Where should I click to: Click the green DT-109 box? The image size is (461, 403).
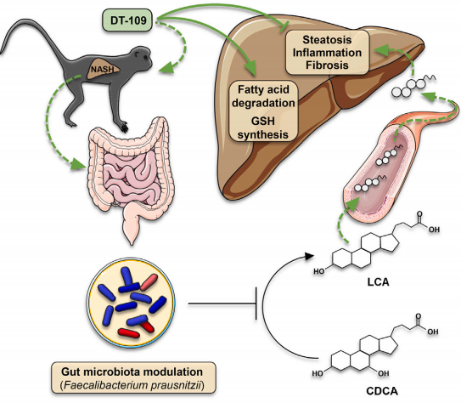[x=128, y=20]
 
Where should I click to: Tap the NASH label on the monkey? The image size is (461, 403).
[x=102, y=70]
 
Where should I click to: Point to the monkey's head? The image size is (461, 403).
[x=142, y=56]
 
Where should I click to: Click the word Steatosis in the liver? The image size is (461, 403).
[x=327, y=40]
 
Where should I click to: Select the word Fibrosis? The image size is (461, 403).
[x=327, y=65]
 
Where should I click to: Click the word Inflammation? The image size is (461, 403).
[x=327, y=53]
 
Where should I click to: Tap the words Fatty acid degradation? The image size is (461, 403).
[x=263, y=96]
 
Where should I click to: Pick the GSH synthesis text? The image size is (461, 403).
[x=263, y=128]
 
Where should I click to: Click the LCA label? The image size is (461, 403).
[x=378, y=282]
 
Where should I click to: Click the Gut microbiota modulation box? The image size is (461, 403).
[x=133, y=377]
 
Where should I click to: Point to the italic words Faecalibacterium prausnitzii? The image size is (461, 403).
[x=132, y=385]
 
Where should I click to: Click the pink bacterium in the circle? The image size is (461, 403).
[x=149, y=282]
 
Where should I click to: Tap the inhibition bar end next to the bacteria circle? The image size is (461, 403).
[x=256, y=304]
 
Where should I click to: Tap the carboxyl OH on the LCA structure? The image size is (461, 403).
[x=434, y=230]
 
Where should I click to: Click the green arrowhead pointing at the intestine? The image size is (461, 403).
[x=80, y=164]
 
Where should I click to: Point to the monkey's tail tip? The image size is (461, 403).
[x=2, y=53]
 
